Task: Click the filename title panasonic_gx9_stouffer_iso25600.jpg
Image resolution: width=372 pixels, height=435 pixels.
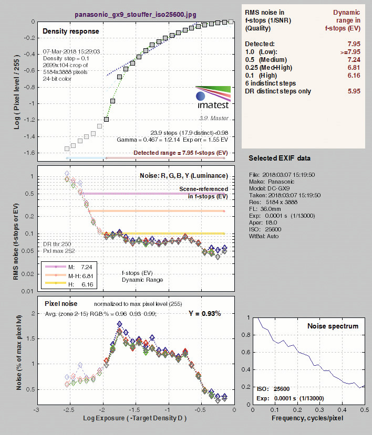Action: [x=136, y=14]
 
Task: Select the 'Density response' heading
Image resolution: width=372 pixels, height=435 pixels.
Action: [x=71, y=31]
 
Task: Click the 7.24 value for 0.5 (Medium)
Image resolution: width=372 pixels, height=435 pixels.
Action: [x=354, y=60]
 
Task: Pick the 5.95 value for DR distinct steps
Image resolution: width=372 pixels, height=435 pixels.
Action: [x=354, y=91]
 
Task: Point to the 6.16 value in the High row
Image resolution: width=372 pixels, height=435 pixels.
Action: [x=354, y=76]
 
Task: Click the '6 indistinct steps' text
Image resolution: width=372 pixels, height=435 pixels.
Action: [x=270, y=83]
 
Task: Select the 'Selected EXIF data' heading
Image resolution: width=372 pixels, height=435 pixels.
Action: [x=280, y=158]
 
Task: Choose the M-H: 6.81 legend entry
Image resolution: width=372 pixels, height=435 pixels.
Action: [x=69, y=276]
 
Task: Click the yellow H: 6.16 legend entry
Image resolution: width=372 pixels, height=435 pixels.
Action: [x=69, y=284]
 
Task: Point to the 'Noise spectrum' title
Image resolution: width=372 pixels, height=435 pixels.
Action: [x=333, y=326]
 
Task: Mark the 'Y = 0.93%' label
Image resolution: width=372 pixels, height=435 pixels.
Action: [x=205, y=313]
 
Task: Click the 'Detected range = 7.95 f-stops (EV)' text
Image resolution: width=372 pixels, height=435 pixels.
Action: [x=181, y=153]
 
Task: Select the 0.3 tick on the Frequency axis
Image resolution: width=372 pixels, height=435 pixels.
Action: [x=320, y=410]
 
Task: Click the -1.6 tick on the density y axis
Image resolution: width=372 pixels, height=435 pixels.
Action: [x=29, y=153]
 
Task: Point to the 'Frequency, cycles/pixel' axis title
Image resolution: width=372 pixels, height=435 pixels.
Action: [x=307, y=418]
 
